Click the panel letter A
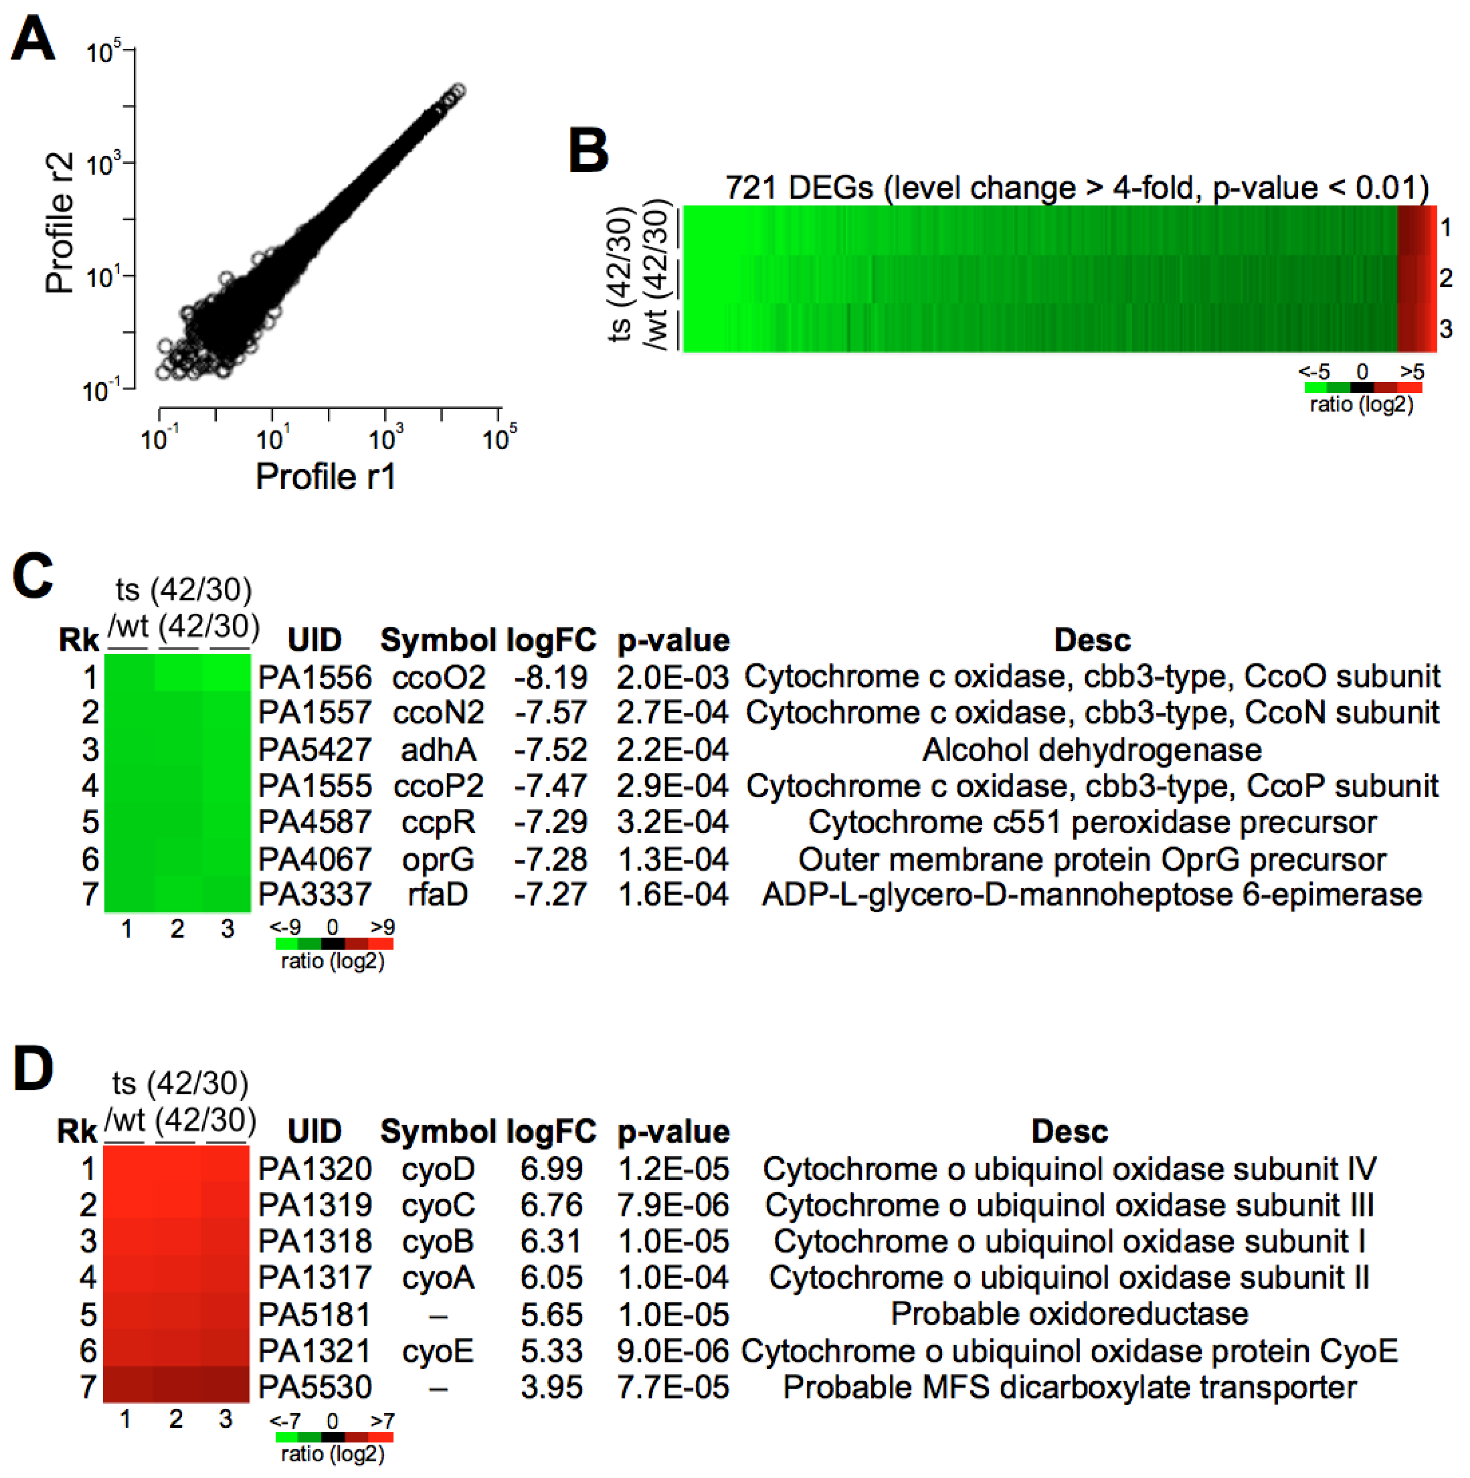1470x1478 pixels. coord(33,40)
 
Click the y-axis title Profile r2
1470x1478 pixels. coord(59,222)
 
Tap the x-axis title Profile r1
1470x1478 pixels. coord(326,477)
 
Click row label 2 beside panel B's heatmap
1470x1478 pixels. coord(1445,278)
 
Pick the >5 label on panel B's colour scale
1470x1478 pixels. coord(1412,372)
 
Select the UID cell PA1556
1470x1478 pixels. coord(315,677)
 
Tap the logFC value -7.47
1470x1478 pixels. coord(551,786)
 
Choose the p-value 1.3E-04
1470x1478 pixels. coord(672,859)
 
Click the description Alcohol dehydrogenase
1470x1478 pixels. coord(1092,750)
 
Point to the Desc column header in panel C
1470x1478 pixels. coord(1092,639)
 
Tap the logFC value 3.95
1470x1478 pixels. coord(551,1387)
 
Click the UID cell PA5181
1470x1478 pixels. coord(315,1314)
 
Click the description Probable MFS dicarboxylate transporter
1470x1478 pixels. coord(1069,1387)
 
